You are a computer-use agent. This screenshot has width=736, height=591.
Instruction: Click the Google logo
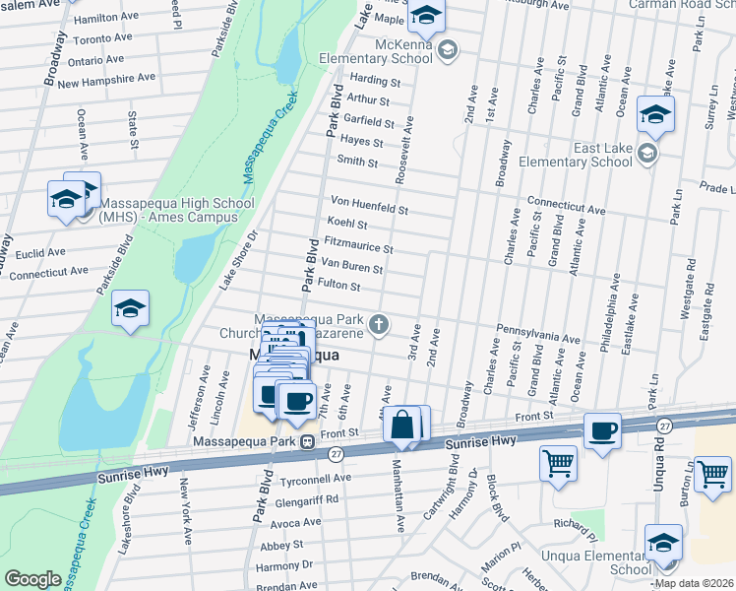click(32, 579)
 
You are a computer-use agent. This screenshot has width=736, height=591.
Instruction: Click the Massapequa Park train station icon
click(307, 441)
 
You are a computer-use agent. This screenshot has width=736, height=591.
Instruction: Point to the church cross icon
click(377, 324)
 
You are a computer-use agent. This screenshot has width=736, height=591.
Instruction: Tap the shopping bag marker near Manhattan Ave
click(401, 426)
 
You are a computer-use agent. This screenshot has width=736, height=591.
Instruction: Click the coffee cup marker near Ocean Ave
click(602, 429)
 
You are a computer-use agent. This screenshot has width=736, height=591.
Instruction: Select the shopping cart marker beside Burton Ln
click(712, 474)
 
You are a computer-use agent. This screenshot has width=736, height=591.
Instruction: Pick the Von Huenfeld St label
click(369, 204)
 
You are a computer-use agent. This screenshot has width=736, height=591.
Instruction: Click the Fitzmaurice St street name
click(358, 245)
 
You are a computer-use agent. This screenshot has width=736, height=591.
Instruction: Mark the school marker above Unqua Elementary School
click(663, 544)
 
